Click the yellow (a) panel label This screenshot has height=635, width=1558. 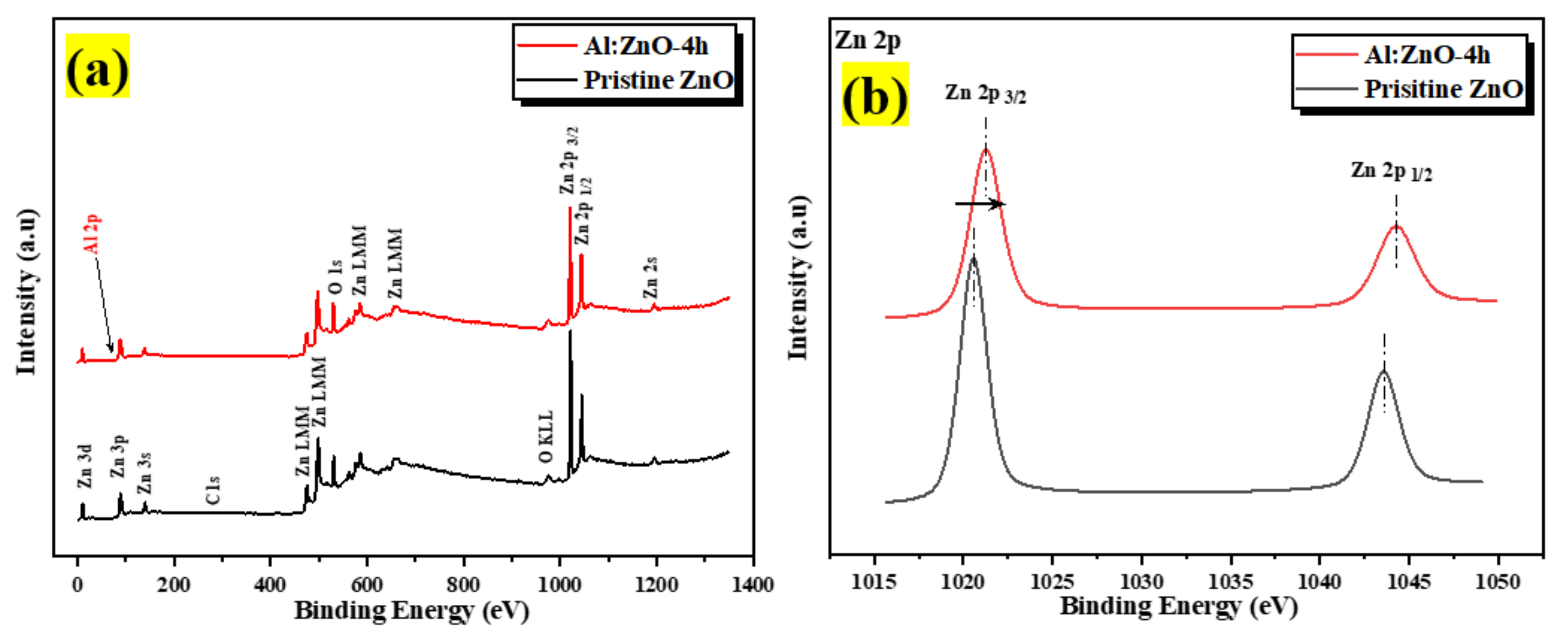point(97,66)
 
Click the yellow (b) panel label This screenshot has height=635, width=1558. point(875,94)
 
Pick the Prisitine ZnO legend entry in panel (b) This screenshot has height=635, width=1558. point(1442,89)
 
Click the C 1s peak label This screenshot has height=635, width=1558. point(213,490)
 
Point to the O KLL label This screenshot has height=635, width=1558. point(546,436)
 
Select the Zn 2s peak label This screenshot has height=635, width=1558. point(650,278)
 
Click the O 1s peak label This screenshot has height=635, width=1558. point(336,277)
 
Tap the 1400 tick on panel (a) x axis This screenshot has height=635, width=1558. point(753,585)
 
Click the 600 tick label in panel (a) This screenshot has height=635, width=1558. point(366,585)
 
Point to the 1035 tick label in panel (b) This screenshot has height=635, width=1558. point(1230,582)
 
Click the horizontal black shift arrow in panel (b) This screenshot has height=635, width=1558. point(980,204)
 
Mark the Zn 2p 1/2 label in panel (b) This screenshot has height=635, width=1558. point(1392,172)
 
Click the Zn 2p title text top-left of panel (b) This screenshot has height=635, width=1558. point(868,40)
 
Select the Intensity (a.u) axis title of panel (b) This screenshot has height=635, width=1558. point(798,278)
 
